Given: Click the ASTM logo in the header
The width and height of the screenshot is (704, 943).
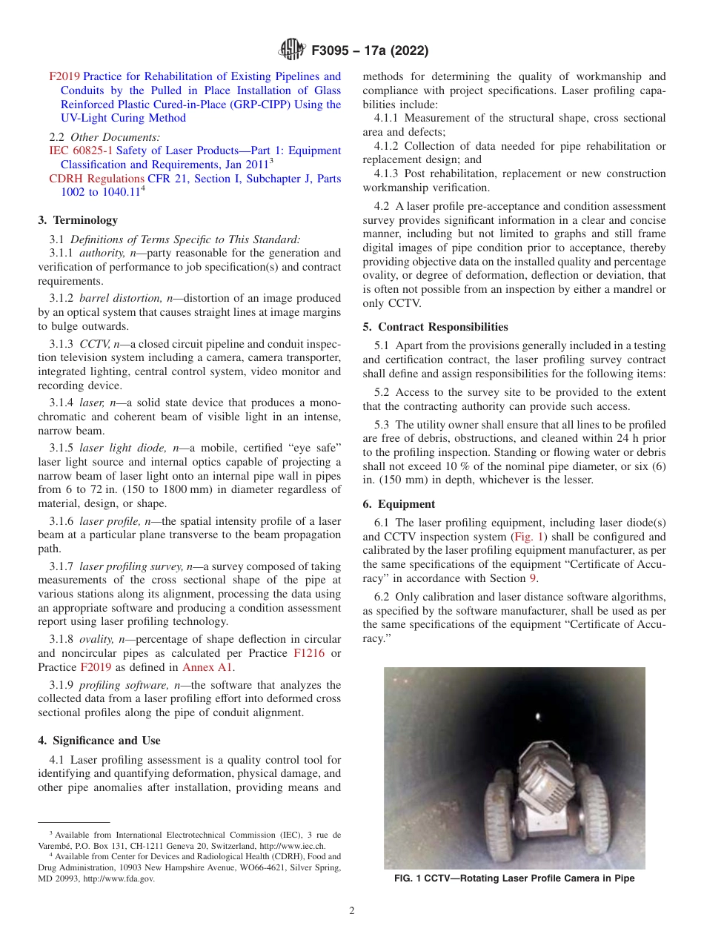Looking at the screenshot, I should tap(292, 50).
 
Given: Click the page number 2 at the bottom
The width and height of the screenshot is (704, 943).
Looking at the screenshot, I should tap(352, 911).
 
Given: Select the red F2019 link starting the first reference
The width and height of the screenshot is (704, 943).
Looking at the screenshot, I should tap(64, 76).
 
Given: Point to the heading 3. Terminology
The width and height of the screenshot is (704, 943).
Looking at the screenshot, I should tap(77, 220).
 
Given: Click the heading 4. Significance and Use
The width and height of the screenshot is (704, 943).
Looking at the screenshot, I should tap(99, 741).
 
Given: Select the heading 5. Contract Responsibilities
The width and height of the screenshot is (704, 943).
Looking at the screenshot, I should tap(435, 327).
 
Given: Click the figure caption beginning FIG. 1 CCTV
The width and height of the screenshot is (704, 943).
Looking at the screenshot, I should tap(514, 879).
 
